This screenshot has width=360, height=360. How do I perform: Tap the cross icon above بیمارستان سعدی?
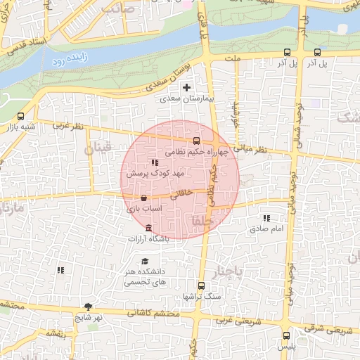point(186,88)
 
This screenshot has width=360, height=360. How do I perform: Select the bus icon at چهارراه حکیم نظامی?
point(196,140)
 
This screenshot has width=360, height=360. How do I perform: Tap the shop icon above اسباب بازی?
point(144,198)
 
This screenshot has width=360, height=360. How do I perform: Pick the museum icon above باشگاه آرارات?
point(148,228)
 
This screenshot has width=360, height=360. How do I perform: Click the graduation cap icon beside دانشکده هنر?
point(144,261)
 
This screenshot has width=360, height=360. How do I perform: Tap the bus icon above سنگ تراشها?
point(202,285)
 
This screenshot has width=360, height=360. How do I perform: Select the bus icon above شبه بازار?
point(20,117)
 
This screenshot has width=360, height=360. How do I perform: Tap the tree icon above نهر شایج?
point(88,307)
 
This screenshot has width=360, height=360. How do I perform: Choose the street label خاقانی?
point(181,191)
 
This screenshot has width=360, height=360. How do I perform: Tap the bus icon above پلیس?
point(287,336)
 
